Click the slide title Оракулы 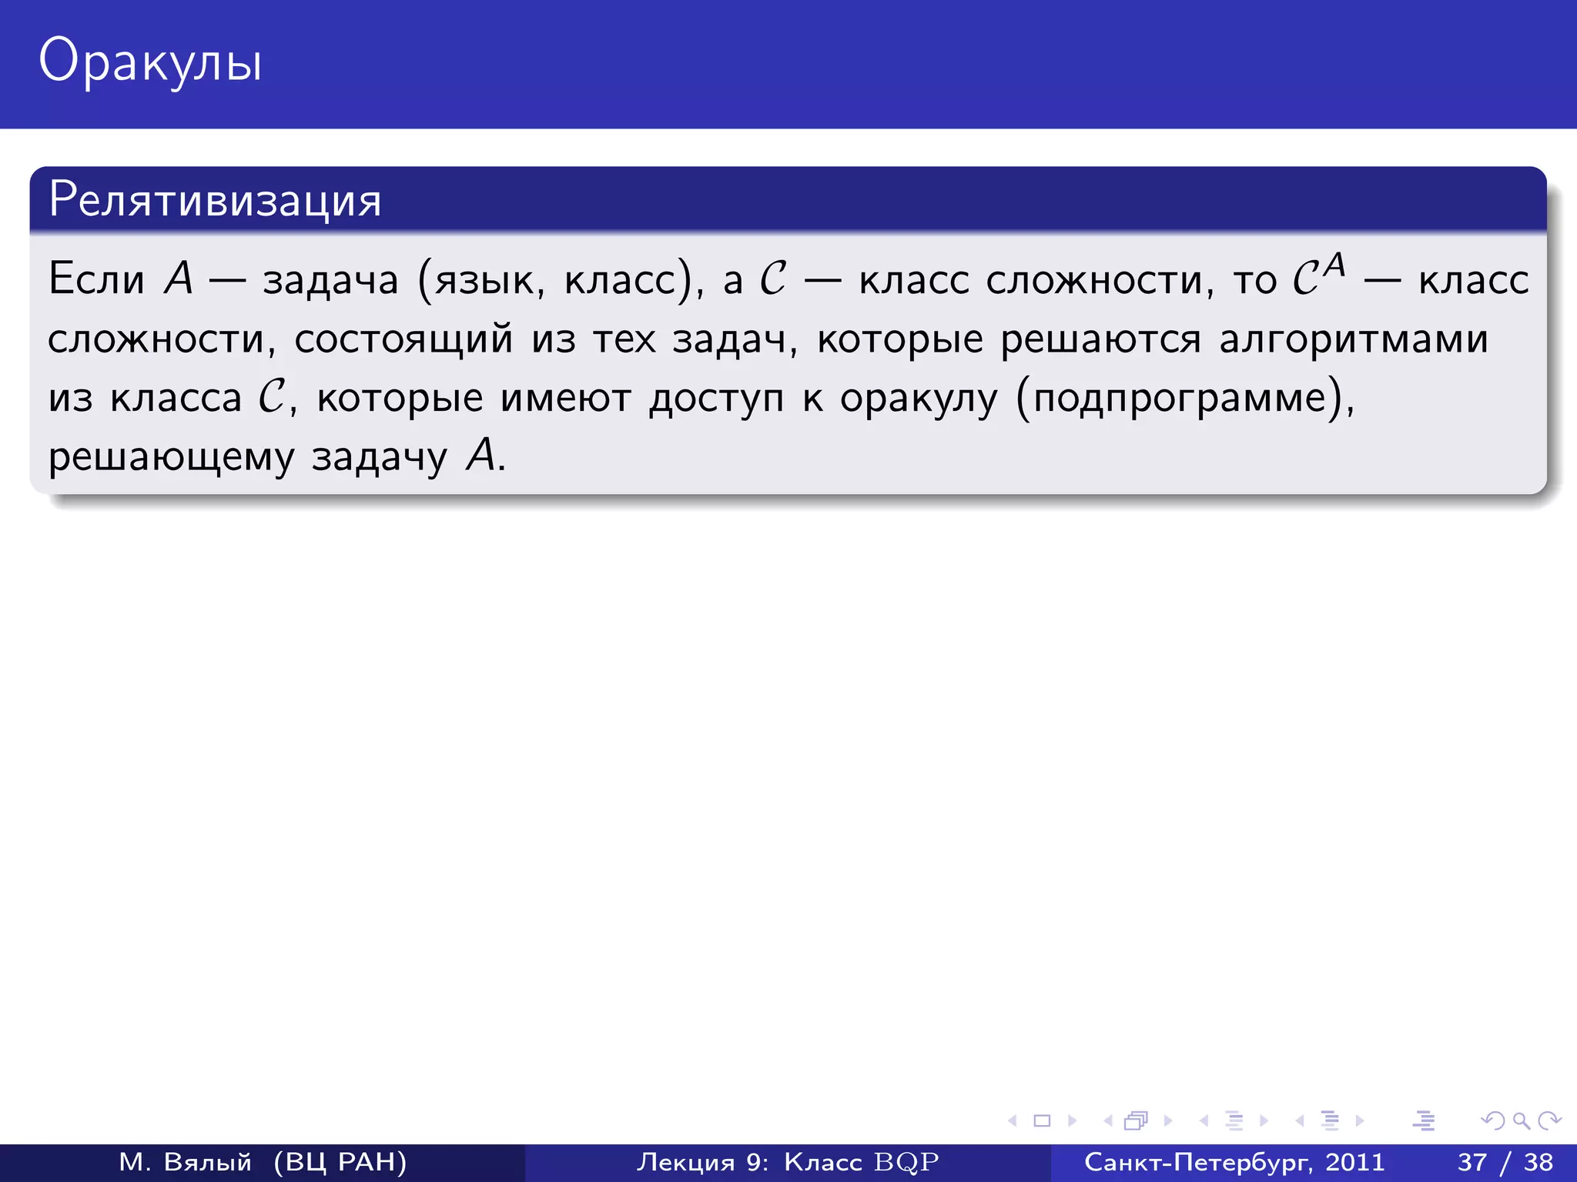150,62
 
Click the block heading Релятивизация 215,200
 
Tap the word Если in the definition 96,279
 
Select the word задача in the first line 330,280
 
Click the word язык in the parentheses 485,280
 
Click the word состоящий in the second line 403,339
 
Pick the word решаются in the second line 1100,339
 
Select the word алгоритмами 1354,339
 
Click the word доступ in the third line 716,399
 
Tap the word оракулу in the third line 918,399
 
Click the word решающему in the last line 171,457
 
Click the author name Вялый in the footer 208,1162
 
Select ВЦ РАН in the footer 340,1162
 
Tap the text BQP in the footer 906,1162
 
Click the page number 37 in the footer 1472,1162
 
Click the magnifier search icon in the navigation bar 1521,1120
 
